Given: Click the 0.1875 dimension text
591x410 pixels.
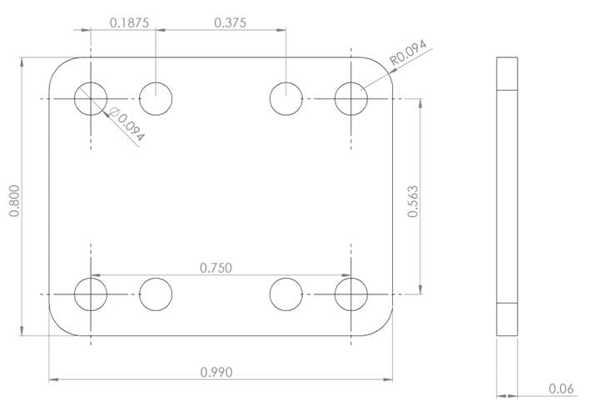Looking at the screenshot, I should [x=129, y=22].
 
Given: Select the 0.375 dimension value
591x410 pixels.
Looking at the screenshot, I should [x=230, y=22].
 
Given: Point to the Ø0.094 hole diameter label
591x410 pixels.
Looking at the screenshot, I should [x=127, y=125].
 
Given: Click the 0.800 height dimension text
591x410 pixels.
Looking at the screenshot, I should [x=14, y=200].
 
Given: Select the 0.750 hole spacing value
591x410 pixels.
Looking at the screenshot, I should [x=216, y=267].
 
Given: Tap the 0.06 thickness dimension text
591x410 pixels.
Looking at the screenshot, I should [x=560, y=388].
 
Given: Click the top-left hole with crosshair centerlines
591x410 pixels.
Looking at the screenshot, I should [x=91, y=99].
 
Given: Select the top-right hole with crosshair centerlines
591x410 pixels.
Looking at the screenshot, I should [x=351, y=99].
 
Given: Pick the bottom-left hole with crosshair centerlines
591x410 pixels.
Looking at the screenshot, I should [x=91, y=294].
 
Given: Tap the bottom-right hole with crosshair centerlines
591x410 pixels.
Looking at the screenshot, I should [x=351, y=294].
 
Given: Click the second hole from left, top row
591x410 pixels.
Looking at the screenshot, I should [x=156, y=99].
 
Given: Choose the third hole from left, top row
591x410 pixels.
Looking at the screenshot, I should [x=286, y=99].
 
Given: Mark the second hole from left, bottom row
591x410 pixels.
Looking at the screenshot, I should [x=156, y=294].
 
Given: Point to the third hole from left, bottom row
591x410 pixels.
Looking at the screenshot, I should [x=286, y=294].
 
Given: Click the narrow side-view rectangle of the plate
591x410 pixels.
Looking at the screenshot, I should [x=507, y=196].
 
